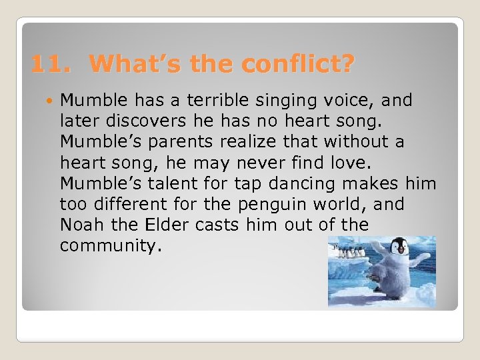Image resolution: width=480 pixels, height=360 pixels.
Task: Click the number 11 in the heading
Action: pyautogui.click(x=49, y=64)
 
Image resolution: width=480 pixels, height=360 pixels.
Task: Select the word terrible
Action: pyautogui.click(x=217, y=101)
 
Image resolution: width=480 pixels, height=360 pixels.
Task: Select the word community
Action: pyautogui.click(x=110, y=246)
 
